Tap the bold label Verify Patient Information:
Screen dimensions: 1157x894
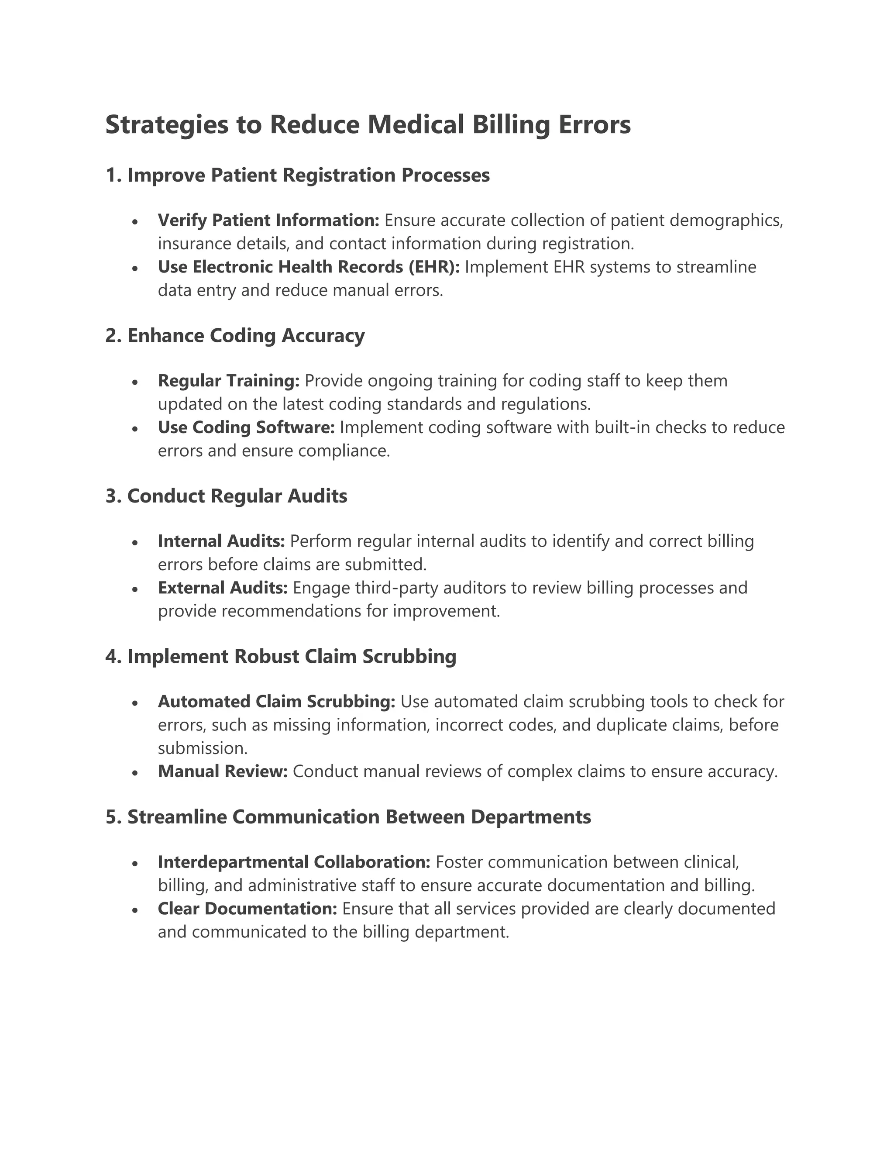(x=268, y=220)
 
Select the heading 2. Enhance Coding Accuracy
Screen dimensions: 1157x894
(x=235, y=335)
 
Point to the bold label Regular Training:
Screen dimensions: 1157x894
(x=229, y=380)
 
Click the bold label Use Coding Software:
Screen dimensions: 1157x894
(x=246, y=427)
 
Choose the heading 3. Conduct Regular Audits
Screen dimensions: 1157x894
(x=227, y=496)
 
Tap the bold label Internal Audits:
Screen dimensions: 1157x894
(x=221, y=541)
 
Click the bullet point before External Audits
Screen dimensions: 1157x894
(x=136, y=589)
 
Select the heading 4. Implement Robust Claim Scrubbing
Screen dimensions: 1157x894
(x=281, y=656)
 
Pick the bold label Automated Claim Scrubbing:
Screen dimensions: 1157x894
(x=276, y=702)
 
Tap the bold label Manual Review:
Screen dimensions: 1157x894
(x=223, y=771)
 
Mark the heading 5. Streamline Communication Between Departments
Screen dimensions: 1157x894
(x=348, y=817)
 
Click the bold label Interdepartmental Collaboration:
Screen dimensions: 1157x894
(x=294, y=862)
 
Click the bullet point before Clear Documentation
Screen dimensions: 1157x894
(x=136, y=909)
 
